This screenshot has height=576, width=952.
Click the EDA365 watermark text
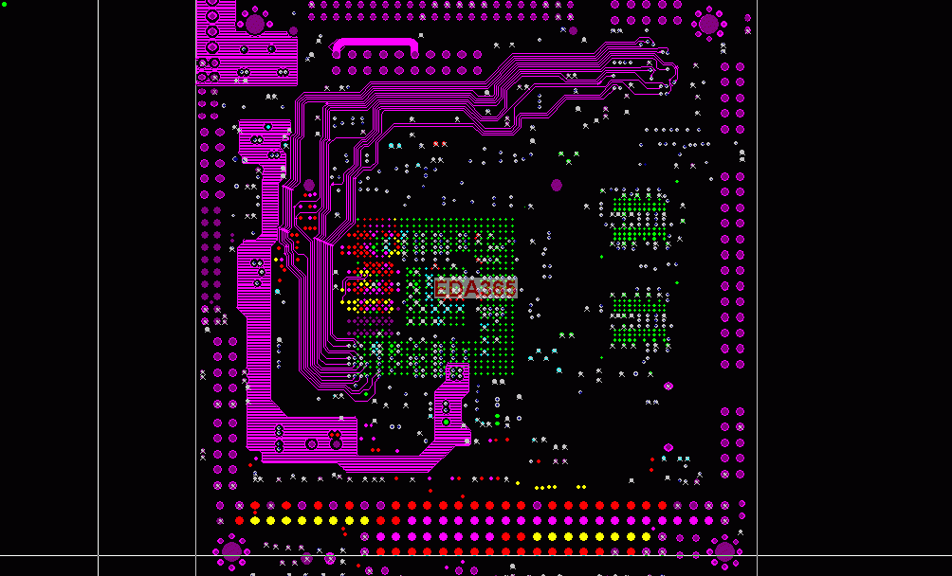(x=475, y=288)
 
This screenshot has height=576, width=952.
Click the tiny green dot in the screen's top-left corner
(x=4, y=4)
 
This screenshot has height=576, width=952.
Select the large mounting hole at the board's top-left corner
(x=255, y=25)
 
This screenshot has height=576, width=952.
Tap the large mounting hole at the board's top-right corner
(x=708, y=25)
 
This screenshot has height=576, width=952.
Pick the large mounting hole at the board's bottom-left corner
(x=232, y=551)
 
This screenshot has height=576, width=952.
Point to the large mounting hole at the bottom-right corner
(x=724, y=551)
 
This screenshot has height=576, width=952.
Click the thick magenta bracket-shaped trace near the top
(x=375, y=44)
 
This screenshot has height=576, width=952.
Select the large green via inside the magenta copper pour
(x=447, y=422)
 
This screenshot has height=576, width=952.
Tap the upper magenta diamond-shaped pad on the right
(x=668, y=387)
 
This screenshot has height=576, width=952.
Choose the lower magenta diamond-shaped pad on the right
(x=668, y=447)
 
